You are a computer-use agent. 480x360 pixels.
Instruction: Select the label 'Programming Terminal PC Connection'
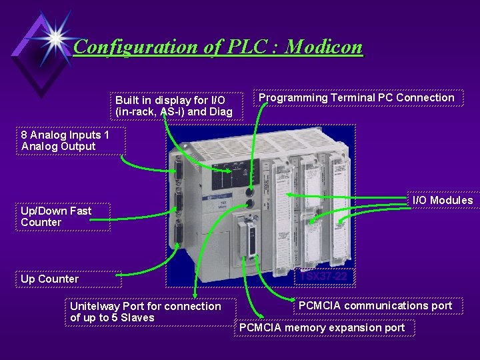(356, 98)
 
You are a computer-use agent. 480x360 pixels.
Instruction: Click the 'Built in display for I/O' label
(174, 101)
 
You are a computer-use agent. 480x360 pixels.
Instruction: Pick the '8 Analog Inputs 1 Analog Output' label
(63, 141)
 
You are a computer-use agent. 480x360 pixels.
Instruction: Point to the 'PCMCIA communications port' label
(375, 306)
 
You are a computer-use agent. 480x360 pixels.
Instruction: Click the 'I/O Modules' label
(443, 200)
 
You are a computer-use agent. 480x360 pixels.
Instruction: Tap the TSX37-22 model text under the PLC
(324, 276)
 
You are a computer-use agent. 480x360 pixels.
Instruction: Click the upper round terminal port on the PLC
(250, 193)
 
